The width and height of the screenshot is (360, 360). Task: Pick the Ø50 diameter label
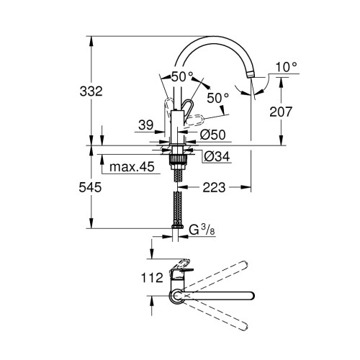(x=214, y=135)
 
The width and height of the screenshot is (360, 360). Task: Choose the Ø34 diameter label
(x=215, y=156)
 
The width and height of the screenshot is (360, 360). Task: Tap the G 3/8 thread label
(x=203, y=230)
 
